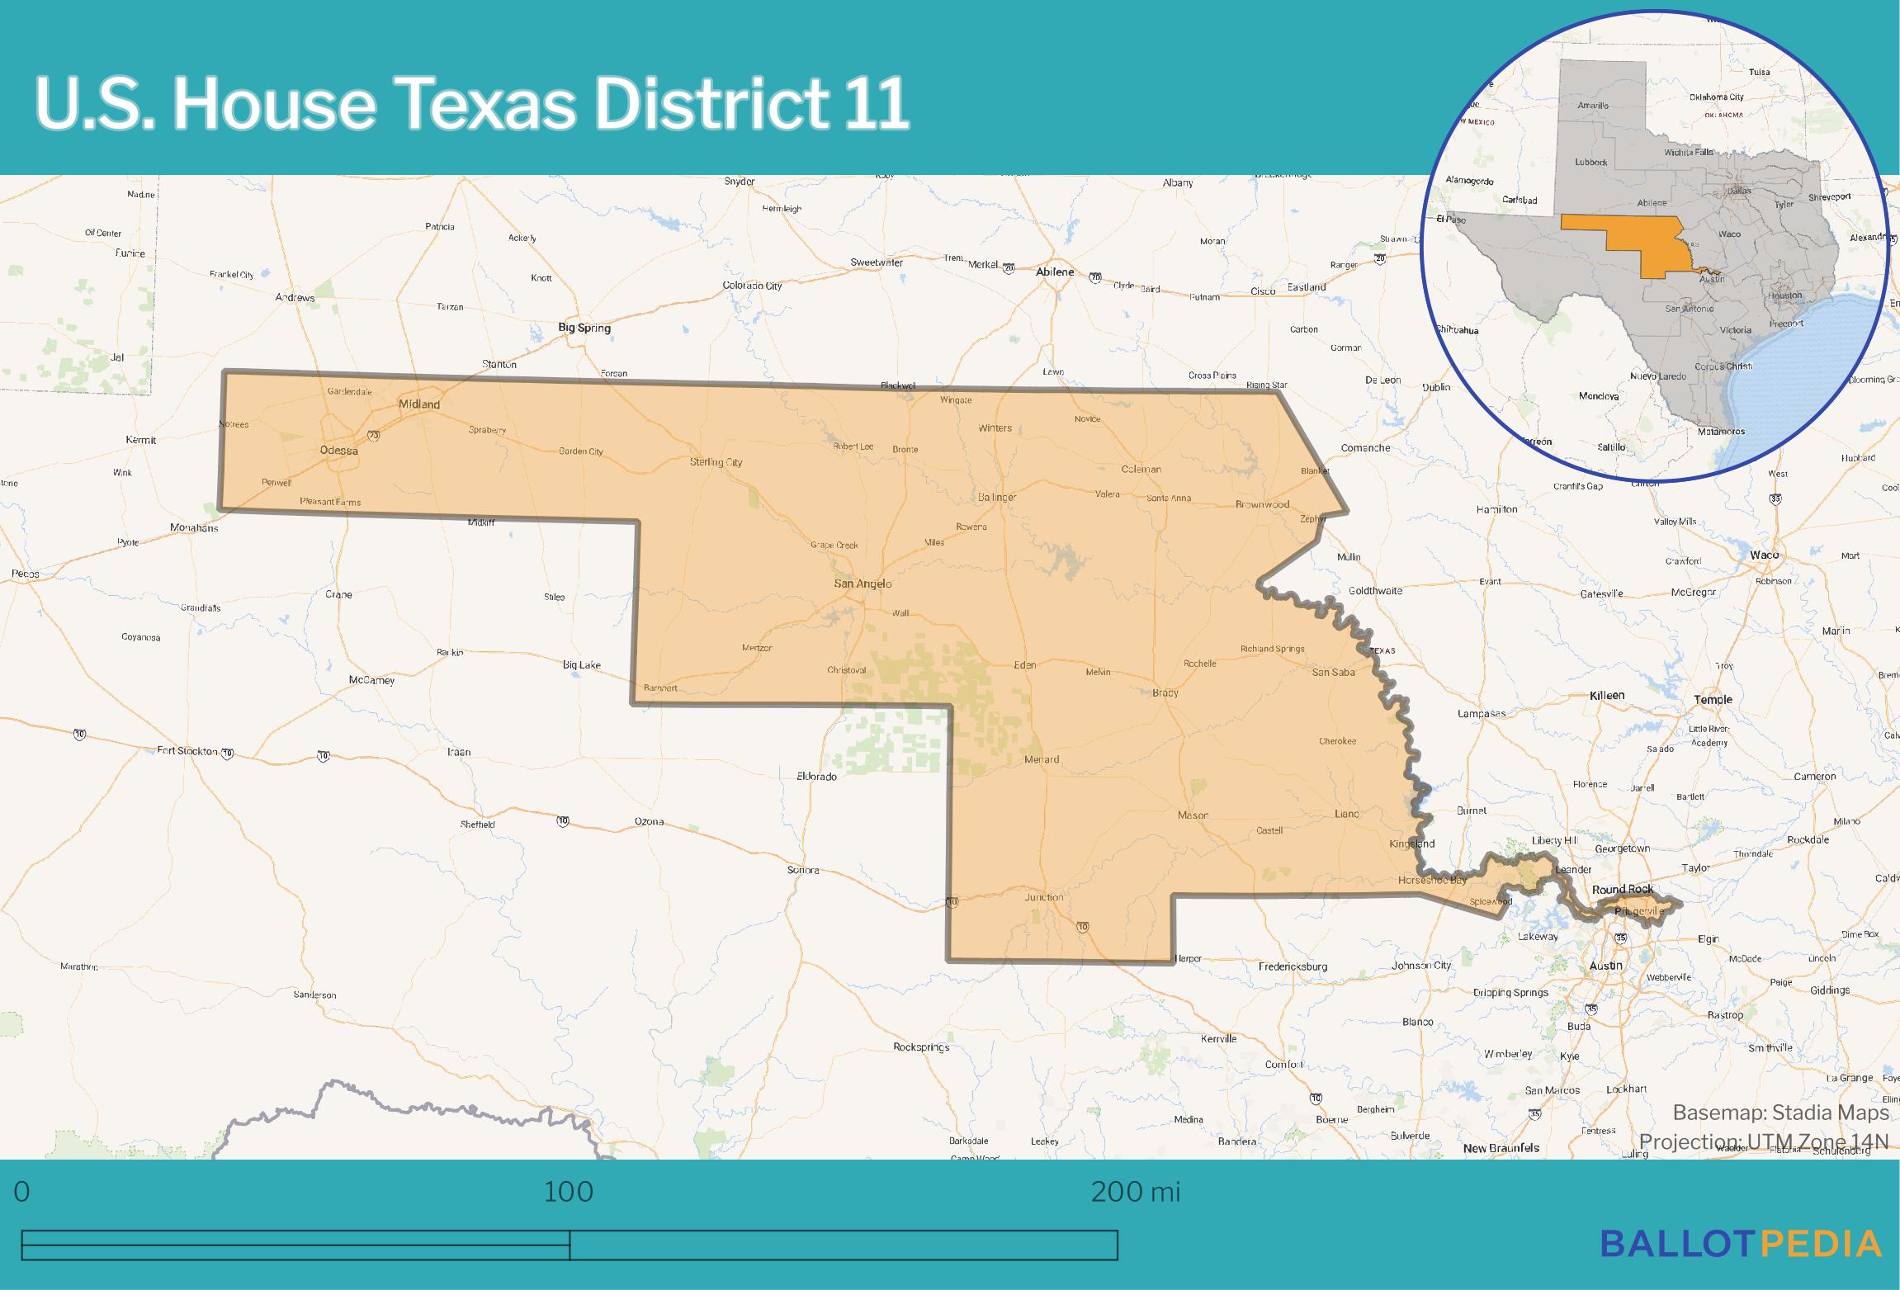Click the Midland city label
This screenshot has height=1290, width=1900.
click(x=418, y=404)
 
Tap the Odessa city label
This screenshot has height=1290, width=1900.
click(x=338, y=451)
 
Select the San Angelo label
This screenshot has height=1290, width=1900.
click(x=863, y=584)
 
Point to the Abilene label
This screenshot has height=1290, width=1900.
click(x=1055, y=272)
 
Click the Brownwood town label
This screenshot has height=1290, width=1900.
click(x=1262, y=504)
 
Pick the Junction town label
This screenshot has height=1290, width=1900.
click(x=1043, y=897)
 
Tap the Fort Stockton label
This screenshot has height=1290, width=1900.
click(x=187, y=751)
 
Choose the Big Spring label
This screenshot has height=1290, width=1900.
click(x=584, y=328)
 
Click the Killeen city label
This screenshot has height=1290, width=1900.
click(x=1607, y=696)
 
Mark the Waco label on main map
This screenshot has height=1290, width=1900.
click(x=1764, y=555)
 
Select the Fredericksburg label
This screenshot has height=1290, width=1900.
click(x=1293, y=966)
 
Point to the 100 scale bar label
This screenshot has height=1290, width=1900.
click(x=569, y=1192)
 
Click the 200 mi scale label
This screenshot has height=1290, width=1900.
click(x=1135, y=1192)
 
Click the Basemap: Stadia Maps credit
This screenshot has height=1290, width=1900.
click(x=1780, y=1113)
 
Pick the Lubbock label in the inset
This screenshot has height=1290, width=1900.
click(x=1590, y=163)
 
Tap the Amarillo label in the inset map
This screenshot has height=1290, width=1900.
click(x=1593, y=106)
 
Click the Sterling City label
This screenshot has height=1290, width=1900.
click(x=716, y=462)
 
